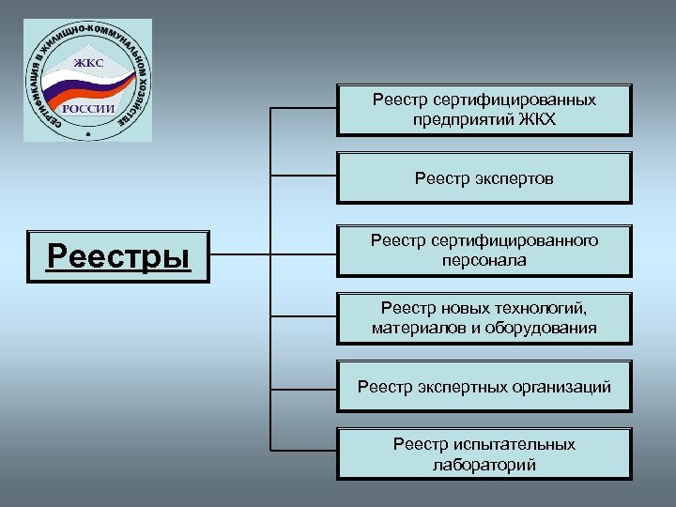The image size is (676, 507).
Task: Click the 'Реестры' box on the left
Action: tap(117, 255)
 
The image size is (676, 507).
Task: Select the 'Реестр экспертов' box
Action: tap(484, 177)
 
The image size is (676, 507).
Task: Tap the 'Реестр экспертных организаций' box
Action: tap(484, 386)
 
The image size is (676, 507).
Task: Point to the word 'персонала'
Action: tap(484, 260)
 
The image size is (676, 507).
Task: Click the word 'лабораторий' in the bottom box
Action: tap(484, 464)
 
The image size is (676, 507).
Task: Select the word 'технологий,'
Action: tap(539, 307)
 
